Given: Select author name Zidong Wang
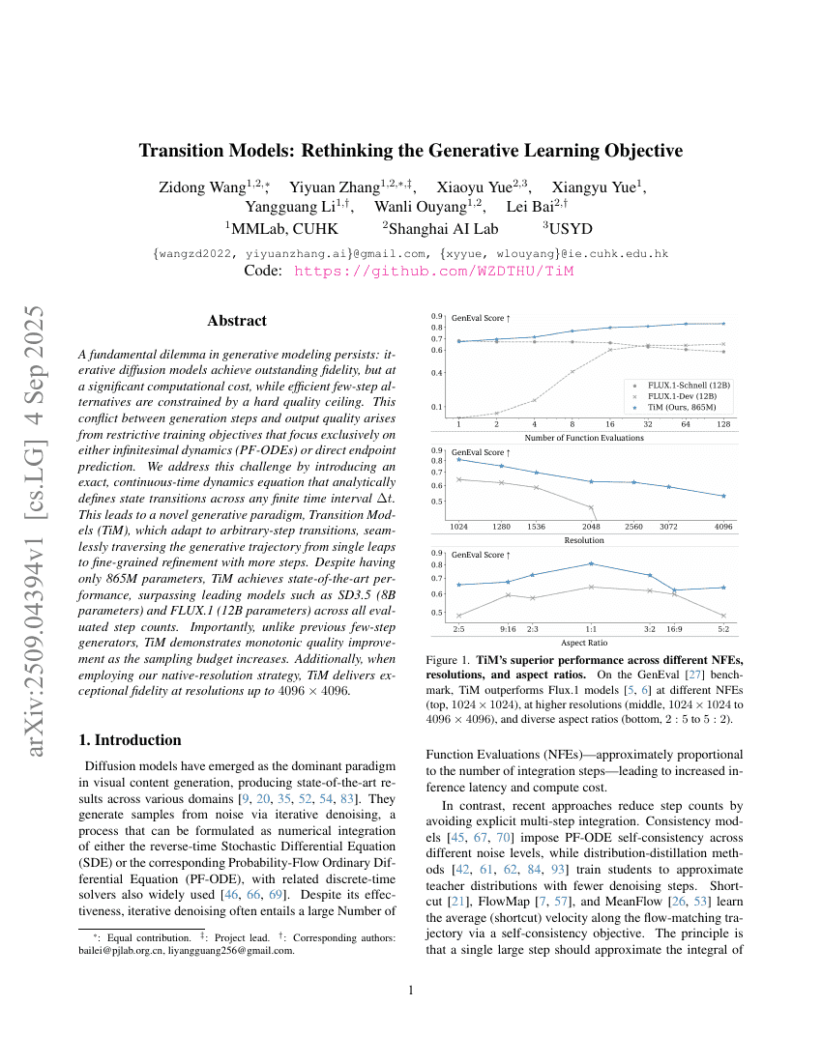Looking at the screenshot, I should [201, 187].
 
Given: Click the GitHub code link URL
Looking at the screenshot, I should [433, 272].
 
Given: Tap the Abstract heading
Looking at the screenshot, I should [237, 321].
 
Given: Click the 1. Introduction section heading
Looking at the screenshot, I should [129, 740].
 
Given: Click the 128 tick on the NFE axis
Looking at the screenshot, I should [724, 423].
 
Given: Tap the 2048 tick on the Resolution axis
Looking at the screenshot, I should [592, 527].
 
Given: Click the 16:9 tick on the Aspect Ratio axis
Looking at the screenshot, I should [674, 628].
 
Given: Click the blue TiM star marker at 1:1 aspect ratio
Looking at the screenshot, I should [592, 563].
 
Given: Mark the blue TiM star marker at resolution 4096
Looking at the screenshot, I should [724, 496].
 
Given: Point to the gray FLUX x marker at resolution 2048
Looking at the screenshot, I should [592, 506].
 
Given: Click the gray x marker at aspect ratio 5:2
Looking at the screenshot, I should [724, 616].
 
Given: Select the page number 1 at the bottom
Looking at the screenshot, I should [411, 991].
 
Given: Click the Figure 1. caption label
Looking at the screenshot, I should [450, 660].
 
